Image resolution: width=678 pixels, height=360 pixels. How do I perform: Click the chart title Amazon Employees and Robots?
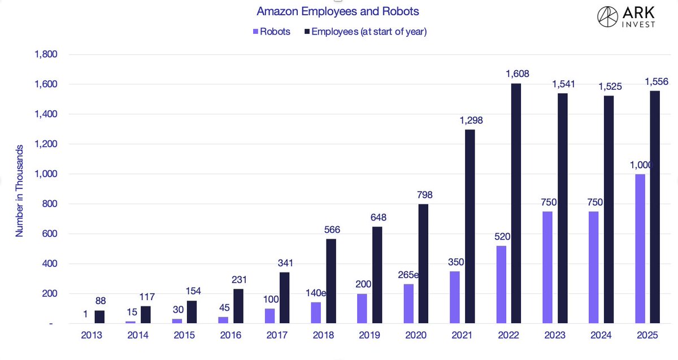pyautogui.click(x=338, y=11)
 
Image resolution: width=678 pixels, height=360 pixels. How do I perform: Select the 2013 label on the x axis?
pyautogui.click(x=92, y=336)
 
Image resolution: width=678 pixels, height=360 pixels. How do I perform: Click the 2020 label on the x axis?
pyautogui.click(x=416, y=336)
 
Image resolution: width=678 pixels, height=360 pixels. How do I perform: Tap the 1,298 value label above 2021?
pyautogui.click(x=471, y=121)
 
